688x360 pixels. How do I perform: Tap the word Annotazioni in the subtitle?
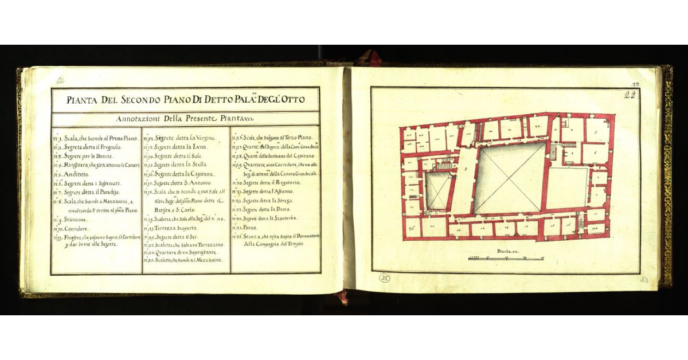(x=139, y=119)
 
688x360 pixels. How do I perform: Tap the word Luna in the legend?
(x=198, y=147)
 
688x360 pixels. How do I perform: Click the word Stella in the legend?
(x=198, y=165)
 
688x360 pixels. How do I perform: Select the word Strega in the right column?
(x=283, y=201)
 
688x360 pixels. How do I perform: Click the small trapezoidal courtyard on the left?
(x=438, y=191)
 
